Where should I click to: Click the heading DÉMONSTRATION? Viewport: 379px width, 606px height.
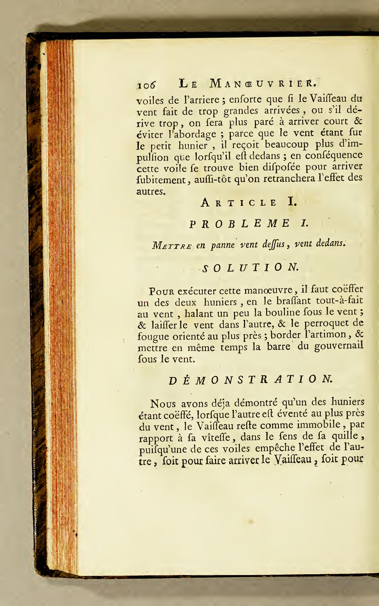click(x=251, y=380)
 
